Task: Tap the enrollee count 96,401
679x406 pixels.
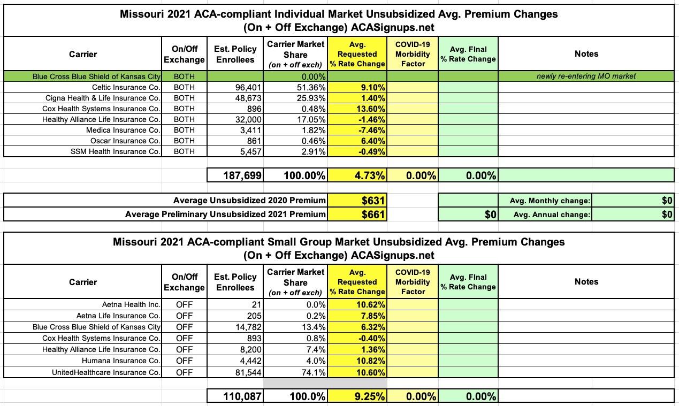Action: [248, 87]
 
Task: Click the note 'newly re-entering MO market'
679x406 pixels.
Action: [586, 76]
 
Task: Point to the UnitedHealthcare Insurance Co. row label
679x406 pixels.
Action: [106, 372]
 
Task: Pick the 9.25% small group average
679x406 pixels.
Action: [365, 396]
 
